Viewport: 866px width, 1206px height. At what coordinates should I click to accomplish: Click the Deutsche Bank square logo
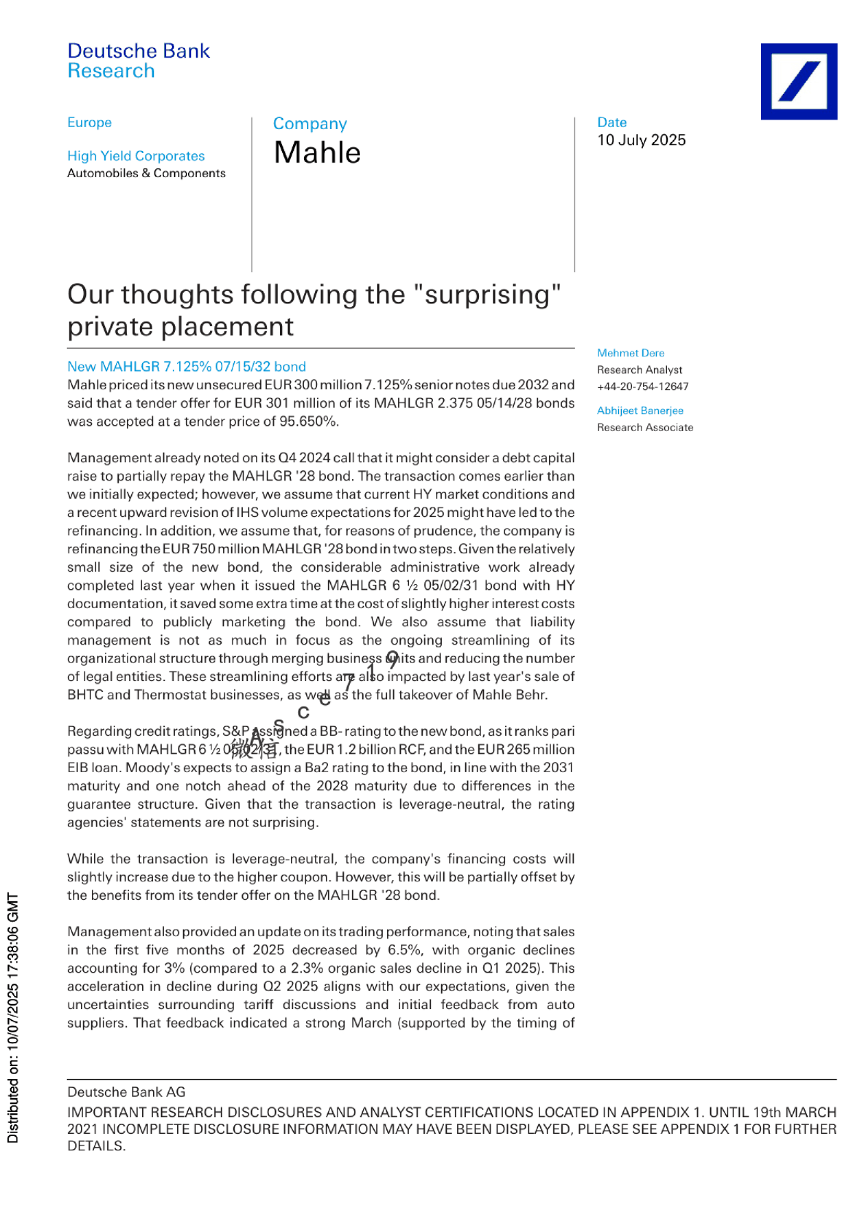798,81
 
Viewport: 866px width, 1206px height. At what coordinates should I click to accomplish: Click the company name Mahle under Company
317,153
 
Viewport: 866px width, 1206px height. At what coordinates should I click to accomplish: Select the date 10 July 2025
641,140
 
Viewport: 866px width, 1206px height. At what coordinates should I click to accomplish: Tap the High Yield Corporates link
136,156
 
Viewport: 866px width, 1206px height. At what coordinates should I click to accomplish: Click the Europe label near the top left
89,122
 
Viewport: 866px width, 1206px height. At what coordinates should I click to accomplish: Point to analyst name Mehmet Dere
631,353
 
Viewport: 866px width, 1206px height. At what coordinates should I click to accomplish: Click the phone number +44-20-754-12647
642,386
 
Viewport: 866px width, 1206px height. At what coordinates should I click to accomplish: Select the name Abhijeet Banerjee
640,411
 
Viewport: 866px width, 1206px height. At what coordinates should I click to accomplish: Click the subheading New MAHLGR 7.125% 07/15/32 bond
186,367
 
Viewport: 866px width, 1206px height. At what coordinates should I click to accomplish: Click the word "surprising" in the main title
487,295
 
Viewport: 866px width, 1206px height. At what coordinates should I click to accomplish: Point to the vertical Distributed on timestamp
13,1017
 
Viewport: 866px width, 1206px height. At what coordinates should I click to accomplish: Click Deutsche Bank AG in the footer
126,1092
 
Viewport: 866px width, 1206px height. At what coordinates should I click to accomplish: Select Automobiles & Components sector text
146,174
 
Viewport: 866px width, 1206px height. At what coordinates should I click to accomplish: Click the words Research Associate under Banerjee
644,427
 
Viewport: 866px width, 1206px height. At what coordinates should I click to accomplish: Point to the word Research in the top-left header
111,71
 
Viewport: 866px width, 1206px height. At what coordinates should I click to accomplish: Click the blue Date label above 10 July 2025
612,122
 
